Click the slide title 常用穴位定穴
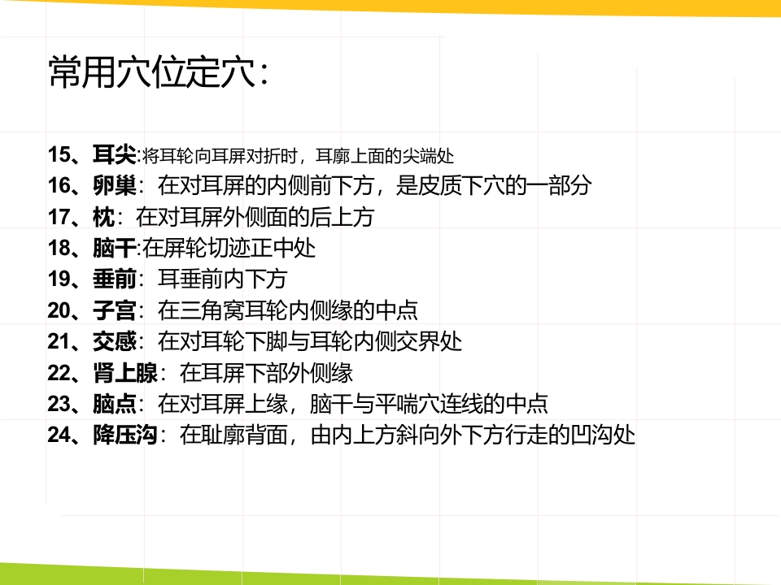(159, 73)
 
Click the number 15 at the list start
(60, 154)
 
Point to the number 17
(60, 217)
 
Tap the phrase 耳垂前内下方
(222, 279)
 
